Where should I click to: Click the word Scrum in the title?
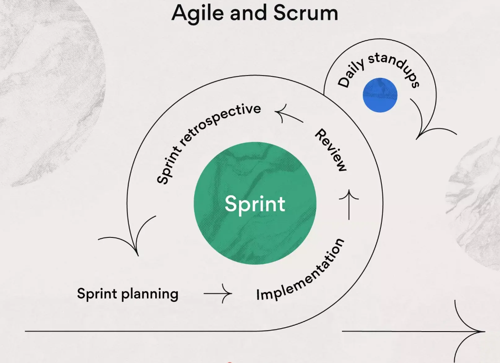point(306,13)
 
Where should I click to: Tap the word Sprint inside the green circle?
point(255,204)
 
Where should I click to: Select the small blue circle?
point(380,95)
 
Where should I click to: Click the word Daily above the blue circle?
point(351,73)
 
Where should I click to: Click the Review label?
point(331,150)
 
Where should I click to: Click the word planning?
point(150,294)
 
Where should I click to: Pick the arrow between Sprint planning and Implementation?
point(218,293)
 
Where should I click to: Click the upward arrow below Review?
point(349,204)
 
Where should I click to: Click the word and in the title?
point(248,13)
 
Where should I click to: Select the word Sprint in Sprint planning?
point(97,293)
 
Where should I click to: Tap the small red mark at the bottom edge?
point(229,362)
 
